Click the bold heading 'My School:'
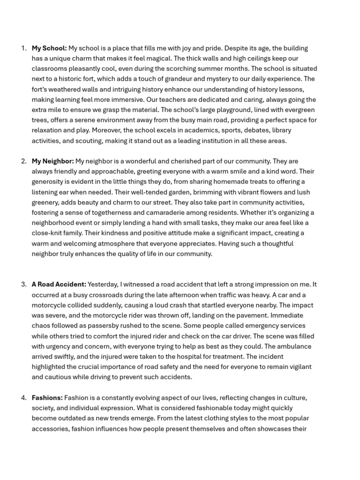pyautogui.click(x=49, y=48)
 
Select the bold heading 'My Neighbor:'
pyautogui.click(x=52, y=161)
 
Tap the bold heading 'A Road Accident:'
pyautogui.click(x=59, y=285)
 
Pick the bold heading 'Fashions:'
pyautogui.click(x=47, y=398)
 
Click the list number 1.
pyautogui.click(x=23, y=48)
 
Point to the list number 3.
pyautogui.click(x=23, y=285)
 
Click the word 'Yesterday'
pyautogui.click(x=103, y=285)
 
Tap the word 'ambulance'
pyautogui.click(x=294, y=346)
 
